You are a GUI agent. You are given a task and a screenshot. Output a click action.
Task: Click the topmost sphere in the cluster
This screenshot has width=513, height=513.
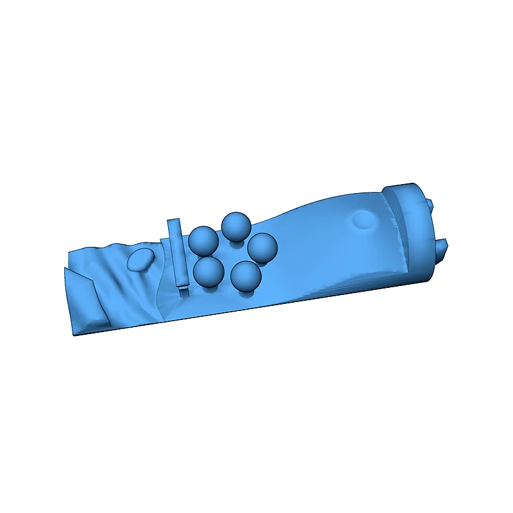236,224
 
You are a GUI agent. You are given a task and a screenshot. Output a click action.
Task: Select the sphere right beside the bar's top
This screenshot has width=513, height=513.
203,240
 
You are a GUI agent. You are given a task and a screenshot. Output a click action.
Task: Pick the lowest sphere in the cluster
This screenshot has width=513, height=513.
246,276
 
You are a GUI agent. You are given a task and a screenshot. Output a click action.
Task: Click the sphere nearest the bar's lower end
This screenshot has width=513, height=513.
208,271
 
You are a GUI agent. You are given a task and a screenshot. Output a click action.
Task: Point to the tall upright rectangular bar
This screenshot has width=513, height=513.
177,253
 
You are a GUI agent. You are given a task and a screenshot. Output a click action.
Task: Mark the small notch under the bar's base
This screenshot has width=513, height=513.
184,290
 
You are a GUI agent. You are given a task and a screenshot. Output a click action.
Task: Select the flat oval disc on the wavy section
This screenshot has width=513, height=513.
140,259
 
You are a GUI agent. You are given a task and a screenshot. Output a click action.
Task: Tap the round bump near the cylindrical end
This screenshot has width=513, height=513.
365,219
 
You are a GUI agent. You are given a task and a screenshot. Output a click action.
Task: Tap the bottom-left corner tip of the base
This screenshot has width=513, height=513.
73,334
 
